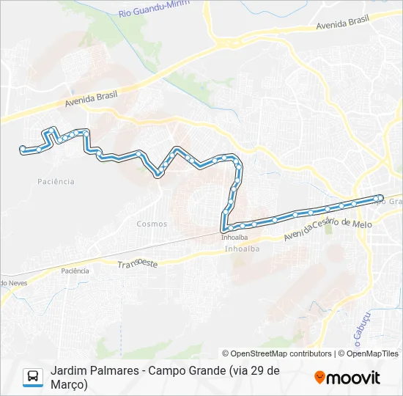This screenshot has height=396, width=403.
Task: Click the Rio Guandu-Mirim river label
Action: tap(154, 9)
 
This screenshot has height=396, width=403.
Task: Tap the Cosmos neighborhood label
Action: tap(152, 224)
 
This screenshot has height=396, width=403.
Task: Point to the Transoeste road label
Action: tap(138, 263)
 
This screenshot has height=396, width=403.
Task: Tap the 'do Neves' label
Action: tap(13, 282)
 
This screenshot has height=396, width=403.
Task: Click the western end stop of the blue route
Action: tap(23, 149)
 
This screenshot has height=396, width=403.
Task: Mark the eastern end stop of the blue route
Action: tap(379, 197)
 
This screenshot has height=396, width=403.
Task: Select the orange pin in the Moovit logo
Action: tap(319, 378)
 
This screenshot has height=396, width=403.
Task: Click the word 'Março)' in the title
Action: tap(69, 384)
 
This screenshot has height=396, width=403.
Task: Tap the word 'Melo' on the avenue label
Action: tap(362, 222)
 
